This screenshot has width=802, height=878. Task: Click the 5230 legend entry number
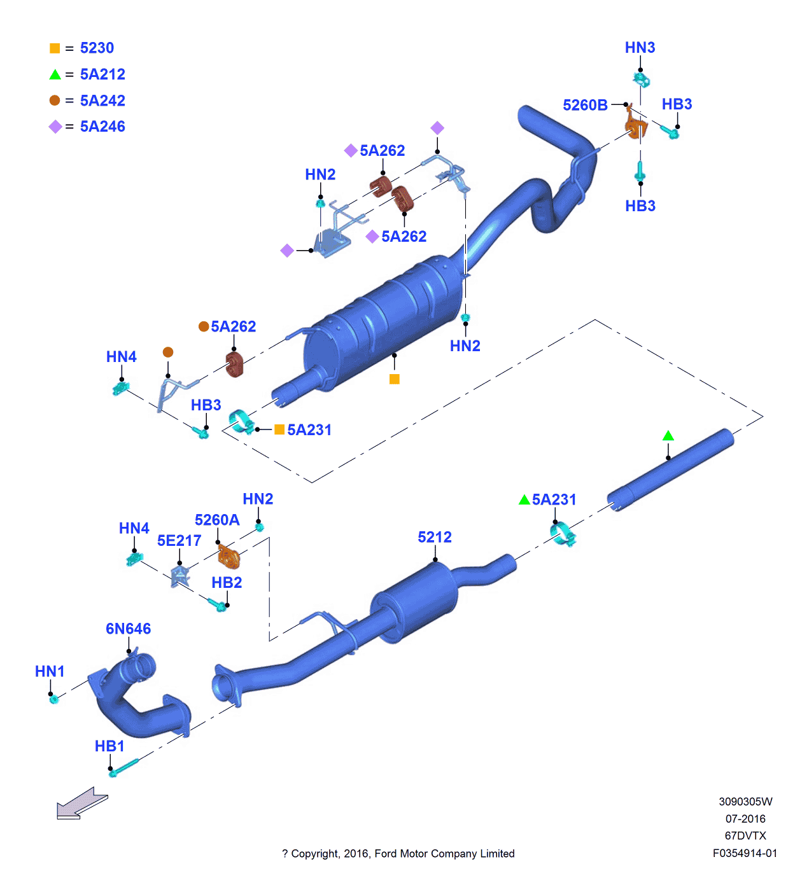97,48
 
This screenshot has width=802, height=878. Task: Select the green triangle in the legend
55,74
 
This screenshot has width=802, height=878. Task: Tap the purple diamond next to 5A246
55,127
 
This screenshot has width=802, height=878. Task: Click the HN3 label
640,48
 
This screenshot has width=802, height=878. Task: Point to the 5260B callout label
585,105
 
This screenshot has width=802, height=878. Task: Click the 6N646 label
128,629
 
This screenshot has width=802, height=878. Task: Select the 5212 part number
435,538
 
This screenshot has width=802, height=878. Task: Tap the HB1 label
109,746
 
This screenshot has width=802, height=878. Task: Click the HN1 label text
50,672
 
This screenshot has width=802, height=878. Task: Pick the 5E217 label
179,541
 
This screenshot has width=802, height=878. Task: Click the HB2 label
227,583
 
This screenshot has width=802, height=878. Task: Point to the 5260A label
217,520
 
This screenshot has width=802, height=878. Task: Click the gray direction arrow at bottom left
81,804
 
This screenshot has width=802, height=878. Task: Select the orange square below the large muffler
395,379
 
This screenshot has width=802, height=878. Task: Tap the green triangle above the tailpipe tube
668,436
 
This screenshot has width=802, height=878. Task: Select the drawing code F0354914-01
745,853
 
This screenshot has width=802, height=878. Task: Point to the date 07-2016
745,819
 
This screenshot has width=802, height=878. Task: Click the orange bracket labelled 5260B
635,125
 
